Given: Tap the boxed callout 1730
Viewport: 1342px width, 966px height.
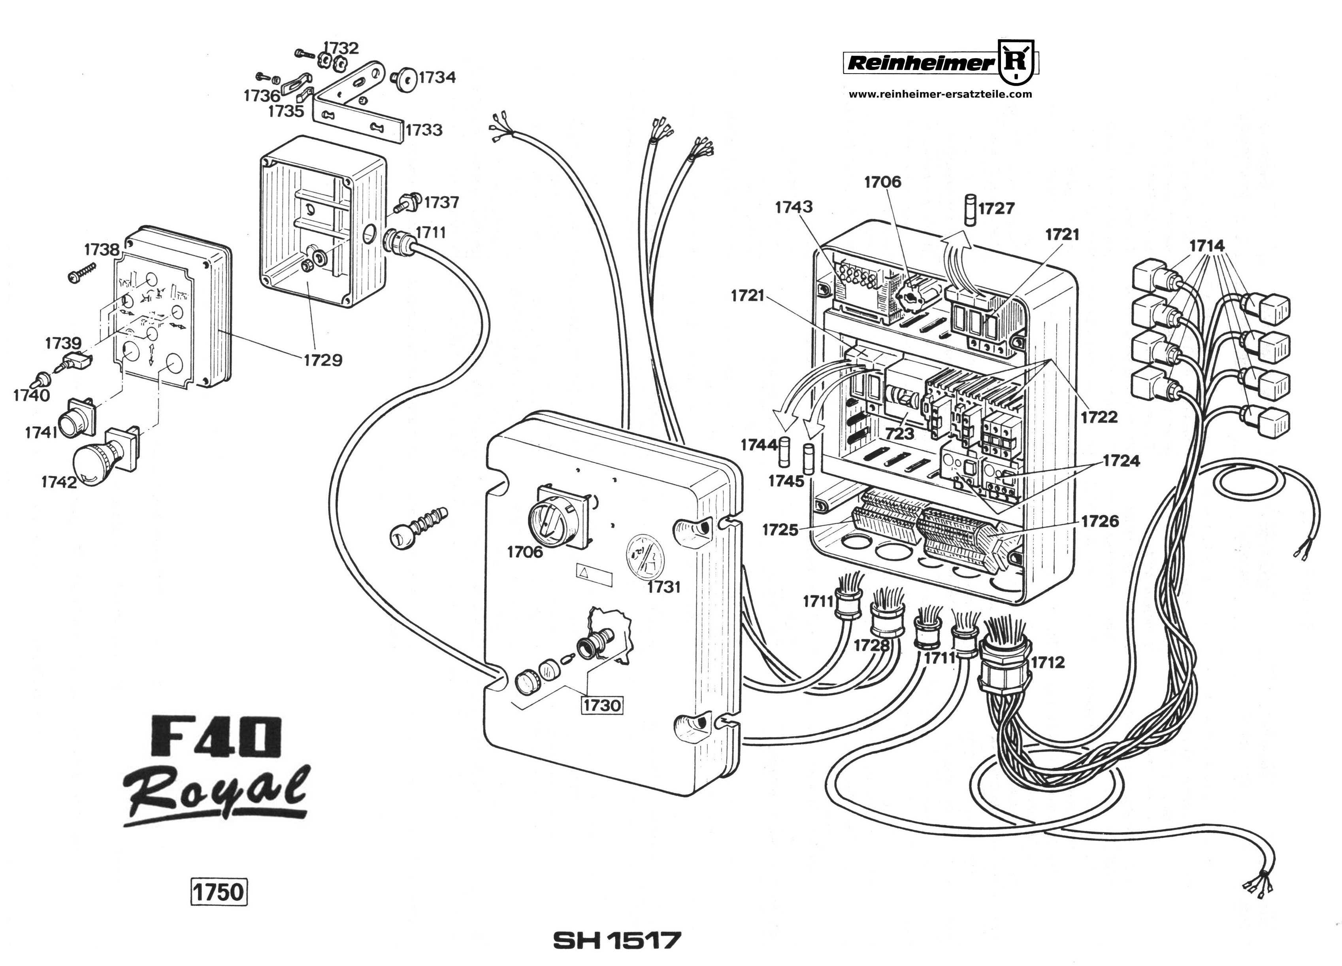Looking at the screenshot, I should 602,705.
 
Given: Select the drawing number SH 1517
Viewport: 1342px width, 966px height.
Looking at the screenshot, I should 616,940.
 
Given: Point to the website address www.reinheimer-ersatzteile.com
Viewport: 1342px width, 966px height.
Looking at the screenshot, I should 940,94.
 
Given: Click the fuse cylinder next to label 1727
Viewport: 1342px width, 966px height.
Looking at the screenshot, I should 971,210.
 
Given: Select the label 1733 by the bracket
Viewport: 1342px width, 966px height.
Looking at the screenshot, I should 424,130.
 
